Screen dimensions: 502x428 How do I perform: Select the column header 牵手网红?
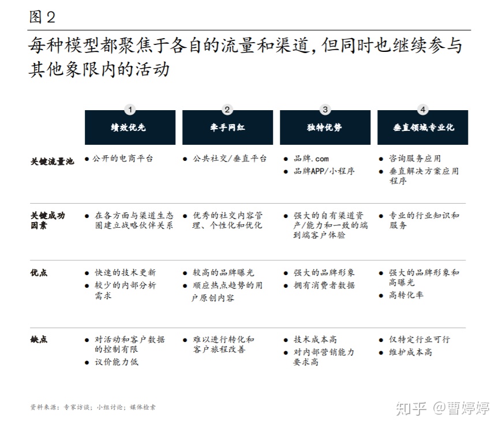pos(227,127)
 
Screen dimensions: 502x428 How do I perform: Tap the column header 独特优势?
pos(325,127)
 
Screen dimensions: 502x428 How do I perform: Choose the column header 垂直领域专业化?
pos(422,127)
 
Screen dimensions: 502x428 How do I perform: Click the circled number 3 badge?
pos(325,110)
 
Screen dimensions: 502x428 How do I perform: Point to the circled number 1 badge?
pos(130,110)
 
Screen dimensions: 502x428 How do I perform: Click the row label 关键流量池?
pos(52,162)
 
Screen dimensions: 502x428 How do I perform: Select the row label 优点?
pos(39,273)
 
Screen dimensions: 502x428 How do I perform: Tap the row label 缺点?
pos(39,339)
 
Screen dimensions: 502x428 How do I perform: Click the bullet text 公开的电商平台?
pos(123,159)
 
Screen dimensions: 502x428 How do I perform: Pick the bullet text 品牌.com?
pos(311,159)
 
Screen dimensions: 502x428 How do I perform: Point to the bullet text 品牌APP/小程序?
pos(324,171)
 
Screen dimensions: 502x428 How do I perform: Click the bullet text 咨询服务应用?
pos(415,159)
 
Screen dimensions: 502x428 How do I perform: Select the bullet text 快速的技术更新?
pos(126,273)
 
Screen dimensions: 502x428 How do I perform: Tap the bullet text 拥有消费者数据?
pos(324,285)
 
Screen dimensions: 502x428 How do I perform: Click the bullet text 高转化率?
pos(406,295)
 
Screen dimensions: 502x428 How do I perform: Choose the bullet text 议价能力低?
pos(117,362)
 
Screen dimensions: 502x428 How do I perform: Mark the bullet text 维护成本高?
pos(410,352)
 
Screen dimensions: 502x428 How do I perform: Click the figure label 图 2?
pos(42,17)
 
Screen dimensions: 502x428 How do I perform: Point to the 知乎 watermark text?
pos(411,409)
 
